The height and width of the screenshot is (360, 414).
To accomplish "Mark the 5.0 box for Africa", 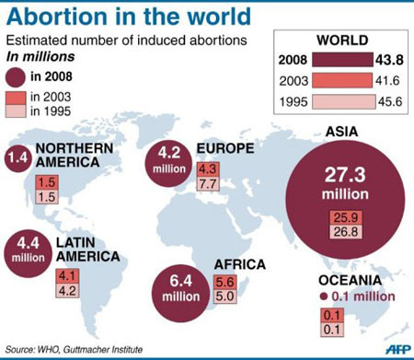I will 224,297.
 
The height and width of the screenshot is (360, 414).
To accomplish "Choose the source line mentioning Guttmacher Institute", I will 74,349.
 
